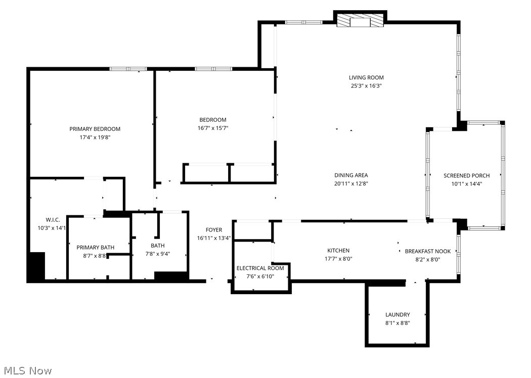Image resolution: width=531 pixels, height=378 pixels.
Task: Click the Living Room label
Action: pyautogui.click(x=366, y=77)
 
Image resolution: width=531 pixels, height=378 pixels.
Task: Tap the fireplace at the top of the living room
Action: pyautogui.click(x=360, y=20)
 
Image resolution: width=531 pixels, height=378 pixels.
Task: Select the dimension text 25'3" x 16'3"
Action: pyautogui.click(x=366, y=86)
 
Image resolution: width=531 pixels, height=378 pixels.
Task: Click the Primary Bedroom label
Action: pyautogui.click(x=95, y=129)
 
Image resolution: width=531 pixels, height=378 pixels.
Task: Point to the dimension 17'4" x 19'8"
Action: pyautogui.click(x=95, y=137)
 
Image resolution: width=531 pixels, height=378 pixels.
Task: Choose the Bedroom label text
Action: pyautogui.click(x=213, y=120)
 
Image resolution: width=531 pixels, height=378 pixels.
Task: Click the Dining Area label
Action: pyautogui.click(x=351, y=175)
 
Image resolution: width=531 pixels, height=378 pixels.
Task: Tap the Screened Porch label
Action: pyautogui.click(x=466, y=175)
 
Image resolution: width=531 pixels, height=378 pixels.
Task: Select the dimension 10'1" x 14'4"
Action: pyautogui.click(x=466, y=184)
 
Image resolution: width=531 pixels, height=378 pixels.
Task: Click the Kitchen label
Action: pyautogui.click(x=338, y=250)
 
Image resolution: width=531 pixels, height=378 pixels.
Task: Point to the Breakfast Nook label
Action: pyautogui.click(x=427, y=251)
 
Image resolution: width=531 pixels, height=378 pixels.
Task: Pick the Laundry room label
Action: pyautogui.click(x=397, y=314)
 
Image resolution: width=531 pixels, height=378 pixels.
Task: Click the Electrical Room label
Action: pyautogui.click(x=260, y=268)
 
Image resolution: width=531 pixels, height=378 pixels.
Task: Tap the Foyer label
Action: pyautogui.click(x=213, y=230)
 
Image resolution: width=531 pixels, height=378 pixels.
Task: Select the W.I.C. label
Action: pyautogui.click(x=53, y=219)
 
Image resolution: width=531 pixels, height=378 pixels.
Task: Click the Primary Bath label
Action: pyautogui.click(x=95, y=247)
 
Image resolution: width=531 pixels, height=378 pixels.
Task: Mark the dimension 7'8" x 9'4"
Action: pyautogui.click(x=157, y=254)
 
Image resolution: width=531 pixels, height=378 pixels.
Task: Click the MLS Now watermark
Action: pyautogui.click(x=26, y=371)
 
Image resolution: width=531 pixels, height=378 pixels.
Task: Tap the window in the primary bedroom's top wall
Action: pyautogui.click(x=128, y=69)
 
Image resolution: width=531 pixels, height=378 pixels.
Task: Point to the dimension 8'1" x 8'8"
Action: pyautogui.click(x=397, y=323)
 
